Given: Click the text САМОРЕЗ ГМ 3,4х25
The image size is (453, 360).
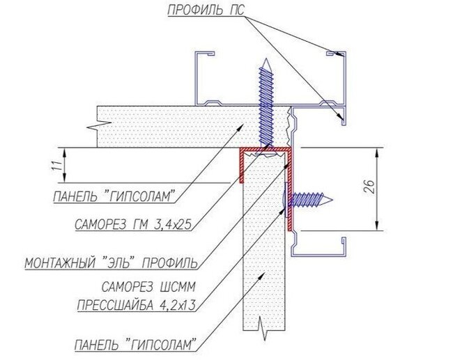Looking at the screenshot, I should coord(132,224).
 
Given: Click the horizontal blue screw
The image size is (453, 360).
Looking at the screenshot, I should coord(309,201).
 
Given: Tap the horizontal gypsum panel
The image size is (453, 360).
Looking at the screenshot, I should coord(174,127).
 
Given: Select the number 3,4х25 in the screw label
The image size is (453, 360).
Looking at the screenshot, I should coord(167,224).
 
